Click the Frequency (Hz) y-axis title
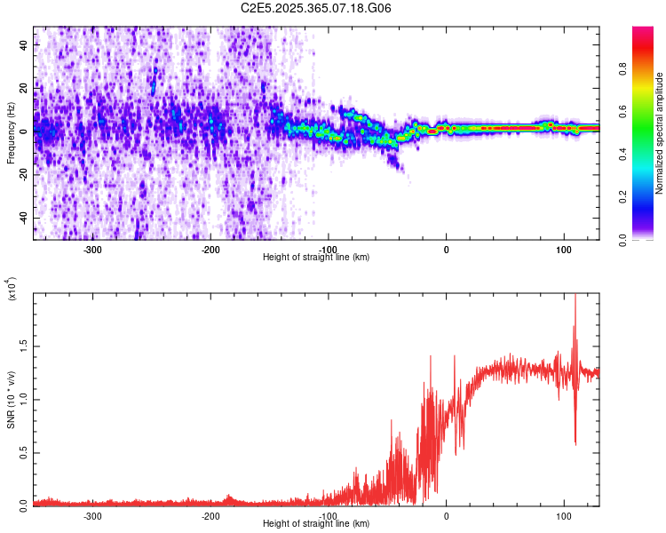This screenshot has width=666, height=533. click(10, 133)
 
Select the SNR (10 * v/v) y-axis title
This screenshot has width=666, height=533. click(12, 399)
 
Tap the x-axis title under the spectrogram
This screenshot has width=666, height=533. click(316, 257)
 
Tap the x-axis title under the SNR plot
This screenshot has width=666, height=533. click(316, 523)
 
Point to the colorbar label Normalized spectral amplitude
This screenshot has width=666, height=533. click(660, 133)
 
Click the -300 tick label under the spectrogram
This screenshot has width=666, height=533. click(92, 250)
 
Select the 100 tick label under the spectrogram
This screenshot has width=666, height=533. click(563, 250)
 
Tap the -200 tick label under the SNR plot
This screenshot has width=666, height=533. click(210, 515)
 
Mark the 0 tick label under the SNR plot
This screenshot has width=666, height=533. click(446, 515)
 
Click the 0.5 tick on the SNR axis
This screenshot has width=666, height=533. click(25, 451)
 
